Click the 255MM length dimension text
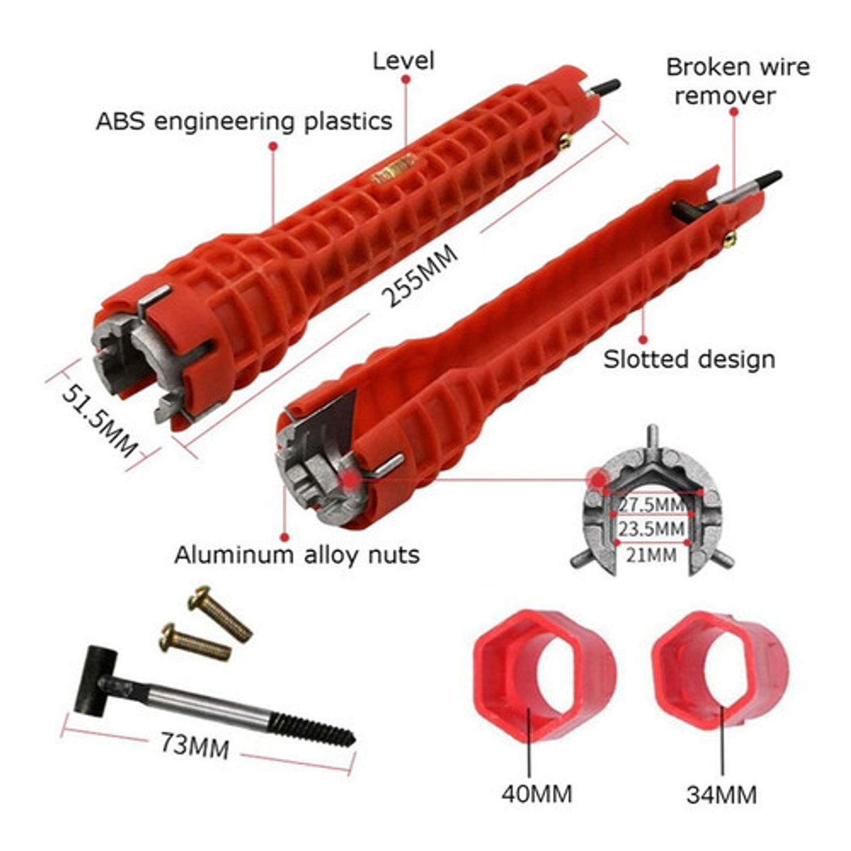coord(419,276)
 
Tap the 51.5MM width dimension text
coord(99,420)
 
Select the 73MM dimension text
coord(195,745)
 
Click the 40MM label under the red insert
coord(537,794)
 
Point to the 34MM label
coord(722,794)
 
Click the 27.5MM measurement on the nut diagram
coord(652,504)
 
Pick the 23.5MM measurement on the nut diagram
coord(651,529)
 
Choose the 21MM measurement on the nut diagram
coord(651,554)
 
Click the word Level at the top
coord(403,61)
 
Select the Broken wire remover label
coord(738,81)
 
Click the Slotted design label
coord(689,360)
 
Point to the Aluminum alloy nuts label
coord(297,555)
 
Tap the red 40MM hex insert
coord(544,676)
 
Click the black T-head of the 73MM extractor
coord(95,679)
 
